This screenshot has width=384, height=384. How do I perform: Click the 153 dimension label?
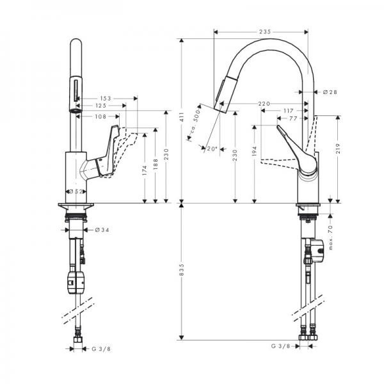tap(106, 98)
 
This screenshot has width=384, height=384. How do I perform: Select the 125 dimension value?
tap(101, 106)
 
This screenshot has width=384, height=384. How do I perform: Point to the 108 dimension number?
tap(101, 116)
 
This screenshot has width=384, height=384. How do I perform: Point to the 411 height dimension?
tap(182, 115)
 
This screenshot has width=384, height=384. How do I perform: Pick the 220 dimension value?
tap(264, 104)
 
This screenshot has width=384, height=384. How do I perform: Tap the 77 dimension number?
tap(294, 119)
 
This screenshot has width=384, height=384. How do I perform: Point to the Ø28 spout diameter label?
tap(330, 92)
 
